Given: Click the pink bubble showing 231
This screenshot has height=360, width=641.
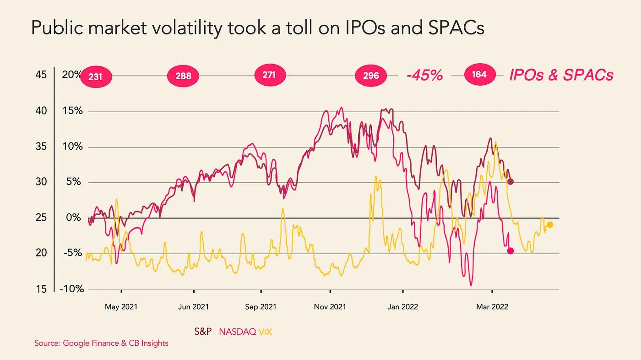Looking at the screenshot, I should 96,77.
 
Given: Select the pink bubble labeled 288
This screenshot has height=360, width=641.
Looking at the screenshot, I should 183,76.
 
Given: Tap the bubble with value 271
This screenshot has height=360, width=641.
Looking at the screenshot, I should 270,74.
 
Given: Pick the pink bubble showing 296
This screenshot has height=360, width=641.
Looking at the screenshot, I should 371,76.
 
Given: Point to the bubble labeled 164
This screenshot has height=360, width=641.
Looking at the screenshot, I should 479,74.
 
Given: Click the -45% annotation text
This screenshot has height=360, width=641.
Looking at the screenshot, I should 424,76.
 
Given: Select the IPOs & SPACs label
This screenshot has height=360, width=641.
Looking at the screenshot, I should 561,75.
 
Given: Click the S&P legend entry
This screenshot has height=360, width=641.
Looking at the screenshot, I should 203,331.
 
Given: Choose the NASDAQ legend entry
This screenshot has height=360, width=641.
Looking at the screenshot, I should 237,331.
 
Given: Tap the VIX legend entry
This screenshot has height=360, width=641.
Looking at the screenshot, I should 266,331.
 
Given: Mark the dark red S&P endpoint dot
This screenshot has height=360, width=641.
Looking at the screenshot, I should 511,182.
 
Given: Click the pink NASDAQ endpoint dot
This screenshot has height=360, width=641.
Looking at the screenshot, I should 511,251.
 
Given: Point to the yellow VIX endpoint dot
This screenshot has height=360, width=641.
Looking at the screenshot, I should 550,224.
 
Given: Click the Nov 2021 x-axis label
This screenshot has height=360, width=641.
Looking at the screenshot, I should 330,307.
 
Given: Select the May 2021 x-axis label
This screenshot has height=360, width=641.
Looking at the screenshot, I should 121,307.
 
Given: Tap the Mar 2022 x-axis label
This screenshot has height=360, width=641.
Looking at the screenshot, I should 492,307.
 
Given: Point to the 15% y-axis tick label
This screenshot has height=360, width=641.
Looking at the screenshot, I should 72,111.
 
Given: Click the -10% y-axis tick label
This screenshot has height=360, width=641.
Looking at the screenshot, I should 71,289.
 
